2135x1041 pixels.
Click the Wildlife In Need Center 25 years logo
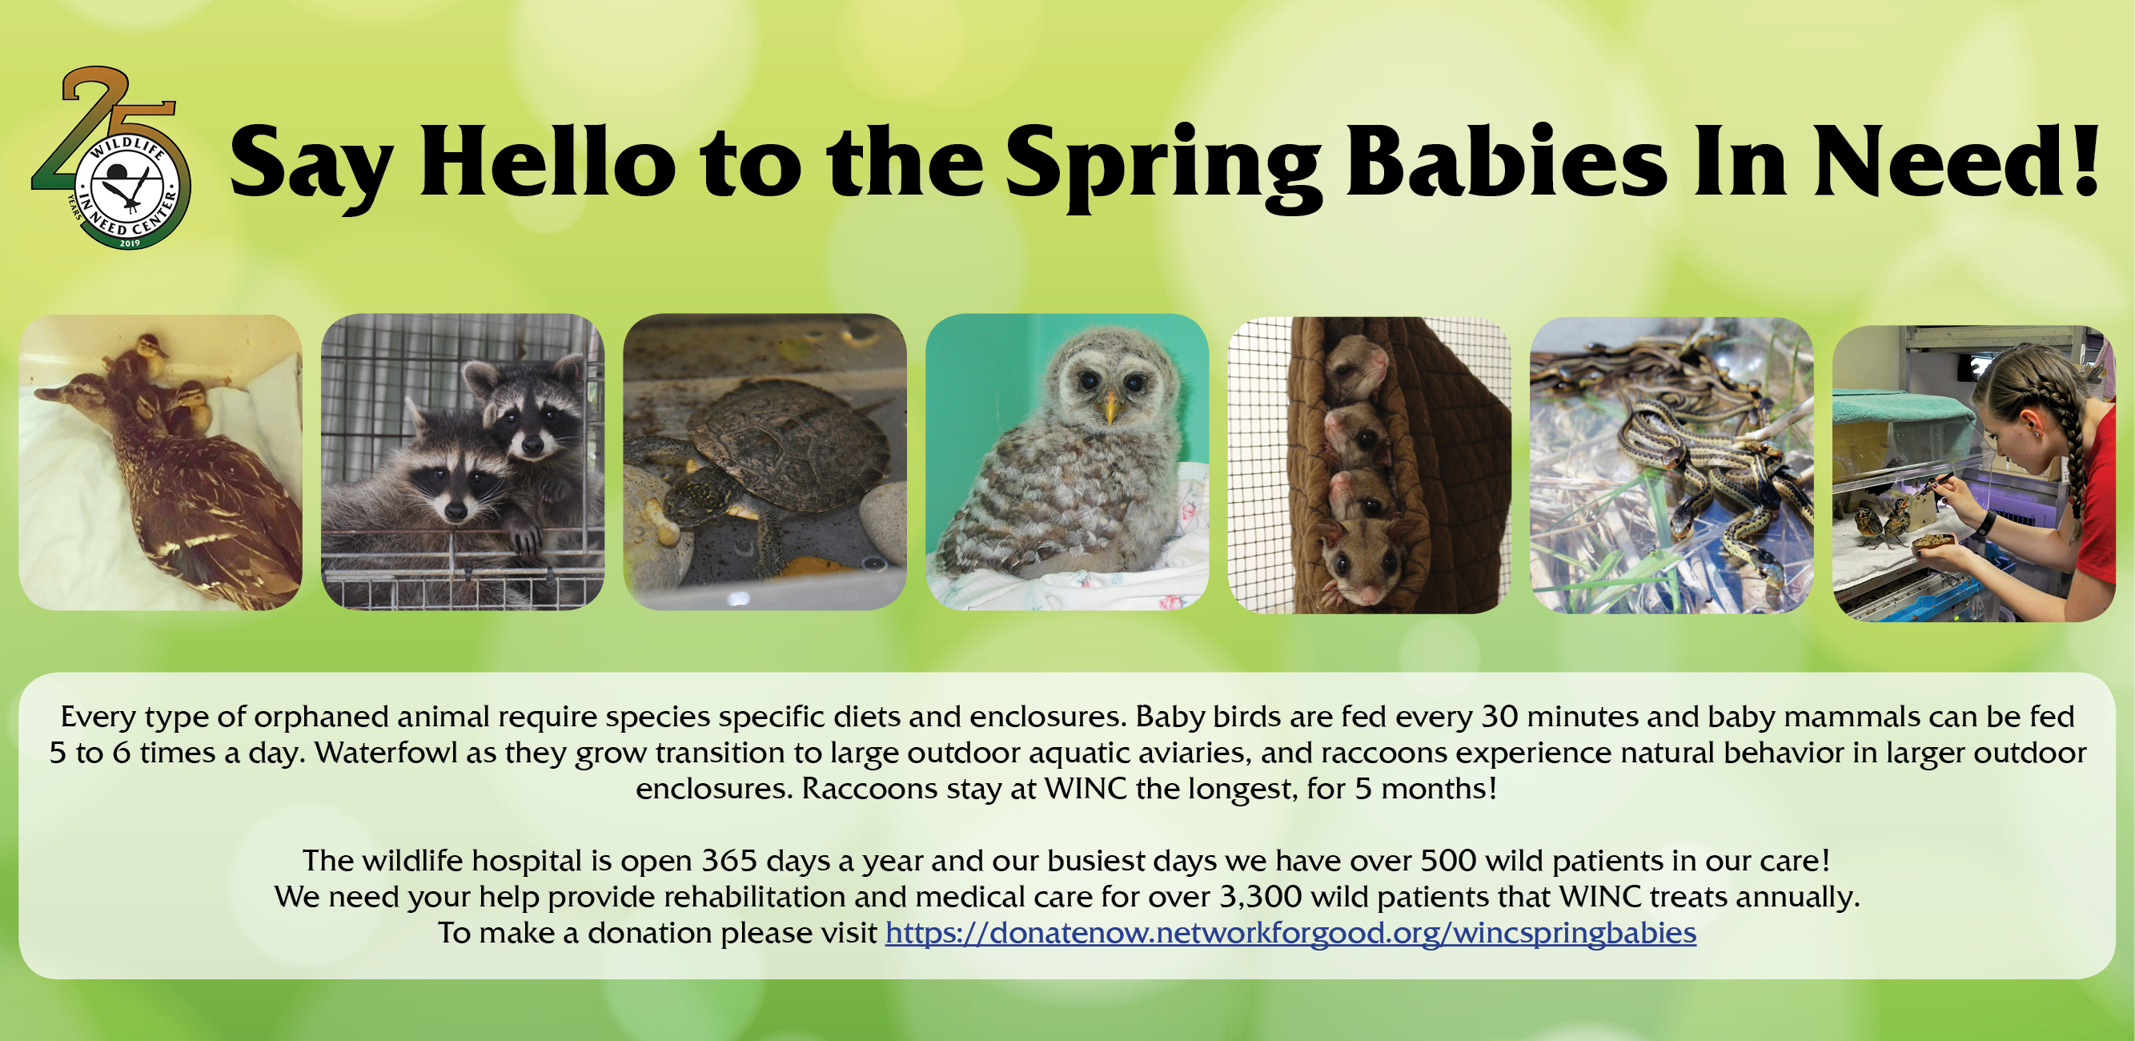coord(112,158)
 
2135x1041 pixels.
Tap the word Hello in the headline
coord(548,161)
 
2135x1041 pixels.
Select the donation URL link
coord(1290,933)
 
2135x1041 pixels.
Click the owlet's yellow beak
coord(1110,406)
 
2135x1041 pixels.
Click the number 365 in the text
coord(729,860)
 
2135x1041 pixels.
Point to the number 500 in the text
coord(1449,860)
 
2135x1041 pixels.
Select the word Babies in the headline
coord(1506,161)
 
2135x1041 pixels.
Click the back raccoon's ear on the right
coord(569,371)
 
